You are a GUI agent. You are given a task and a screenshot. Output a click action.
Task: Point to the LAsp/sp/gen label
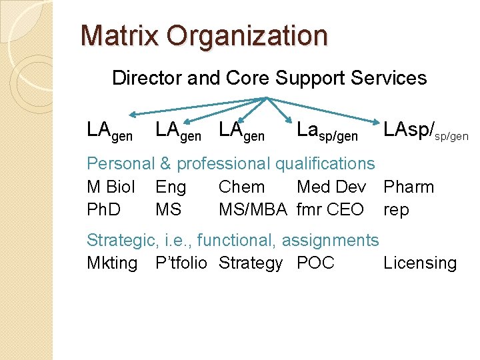425,131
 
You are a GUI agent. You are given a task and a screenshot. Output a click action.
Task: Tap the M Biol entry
111,187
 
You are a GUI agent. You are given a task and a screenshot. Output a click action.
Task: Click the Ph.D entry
104,210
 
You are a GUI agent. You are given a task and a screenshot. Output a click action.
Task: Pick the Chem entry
241,187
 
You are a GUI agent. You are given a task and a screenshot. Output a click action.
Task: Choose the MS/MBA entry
253,210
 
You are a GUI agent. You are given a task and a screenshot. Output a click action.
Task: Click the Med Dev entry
331,187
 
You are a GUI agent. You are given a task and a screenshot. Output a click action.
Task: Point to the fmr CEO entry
330,210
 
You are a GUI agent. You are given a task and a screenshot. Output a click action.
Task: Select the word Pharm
409,187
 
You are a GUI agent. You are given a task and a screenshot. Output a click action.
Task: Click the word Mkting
112,263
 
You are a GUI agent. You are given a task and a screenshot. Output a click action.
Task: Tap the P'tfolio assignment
181,263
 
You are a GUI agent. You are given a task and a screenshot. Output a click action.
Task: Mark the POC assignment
315,263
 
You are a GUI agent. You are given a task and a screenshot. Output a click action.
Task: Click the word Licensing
420,264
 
